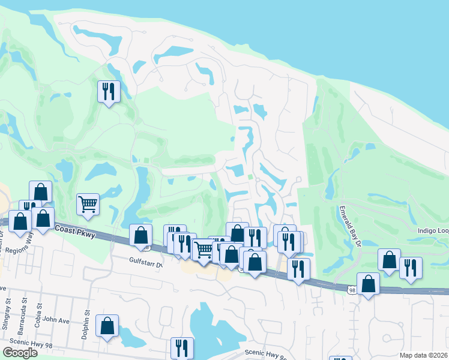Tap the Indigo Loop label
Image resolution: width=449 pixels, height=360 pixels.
433,230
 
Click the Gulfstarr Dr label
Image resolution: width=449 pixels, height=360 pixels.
146,260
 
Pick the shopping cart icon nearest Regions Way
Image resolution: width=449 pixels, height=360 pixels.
88,204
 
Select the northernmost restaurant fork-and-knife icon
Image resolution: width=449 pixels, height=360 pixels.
109,91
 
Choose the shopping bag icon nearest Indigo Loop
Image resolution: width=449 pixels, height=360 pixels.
390,260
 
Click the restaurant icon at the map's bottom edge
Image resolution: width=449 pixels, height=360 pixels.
181,347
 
